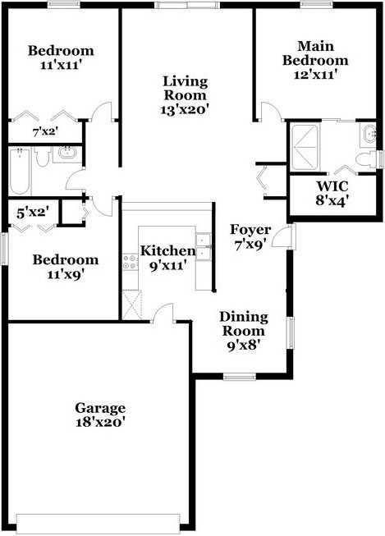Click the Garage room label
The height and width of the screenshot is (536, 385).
100,408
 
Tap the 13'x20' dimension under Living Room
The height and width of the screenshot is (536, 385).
185,110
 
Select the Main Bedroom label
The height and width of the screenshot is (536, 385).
315,53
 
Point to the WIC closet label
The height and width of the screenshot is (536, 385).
332,186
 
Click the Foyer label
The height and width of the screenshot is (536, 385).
250,229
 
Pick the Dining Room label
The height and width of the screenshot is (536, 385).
244,323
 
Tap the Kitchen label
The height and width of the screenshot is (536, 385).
168,250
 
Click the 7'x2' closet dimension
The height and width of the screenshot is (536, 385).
45,131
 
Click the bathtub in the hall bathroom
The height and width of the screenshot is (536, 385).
21,172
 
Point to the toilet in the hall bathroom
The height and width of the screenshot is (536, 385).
43,157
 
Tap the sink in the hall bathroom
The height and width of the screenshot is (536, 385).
67,153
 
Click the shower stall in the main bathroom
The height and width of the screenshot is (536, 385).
304,147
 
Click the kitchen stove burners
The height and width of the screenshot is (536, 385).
130,262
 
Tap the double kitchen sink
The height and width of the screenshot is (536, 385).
203,246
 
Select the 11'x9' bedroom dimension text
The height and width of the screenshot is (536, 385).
66,274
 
